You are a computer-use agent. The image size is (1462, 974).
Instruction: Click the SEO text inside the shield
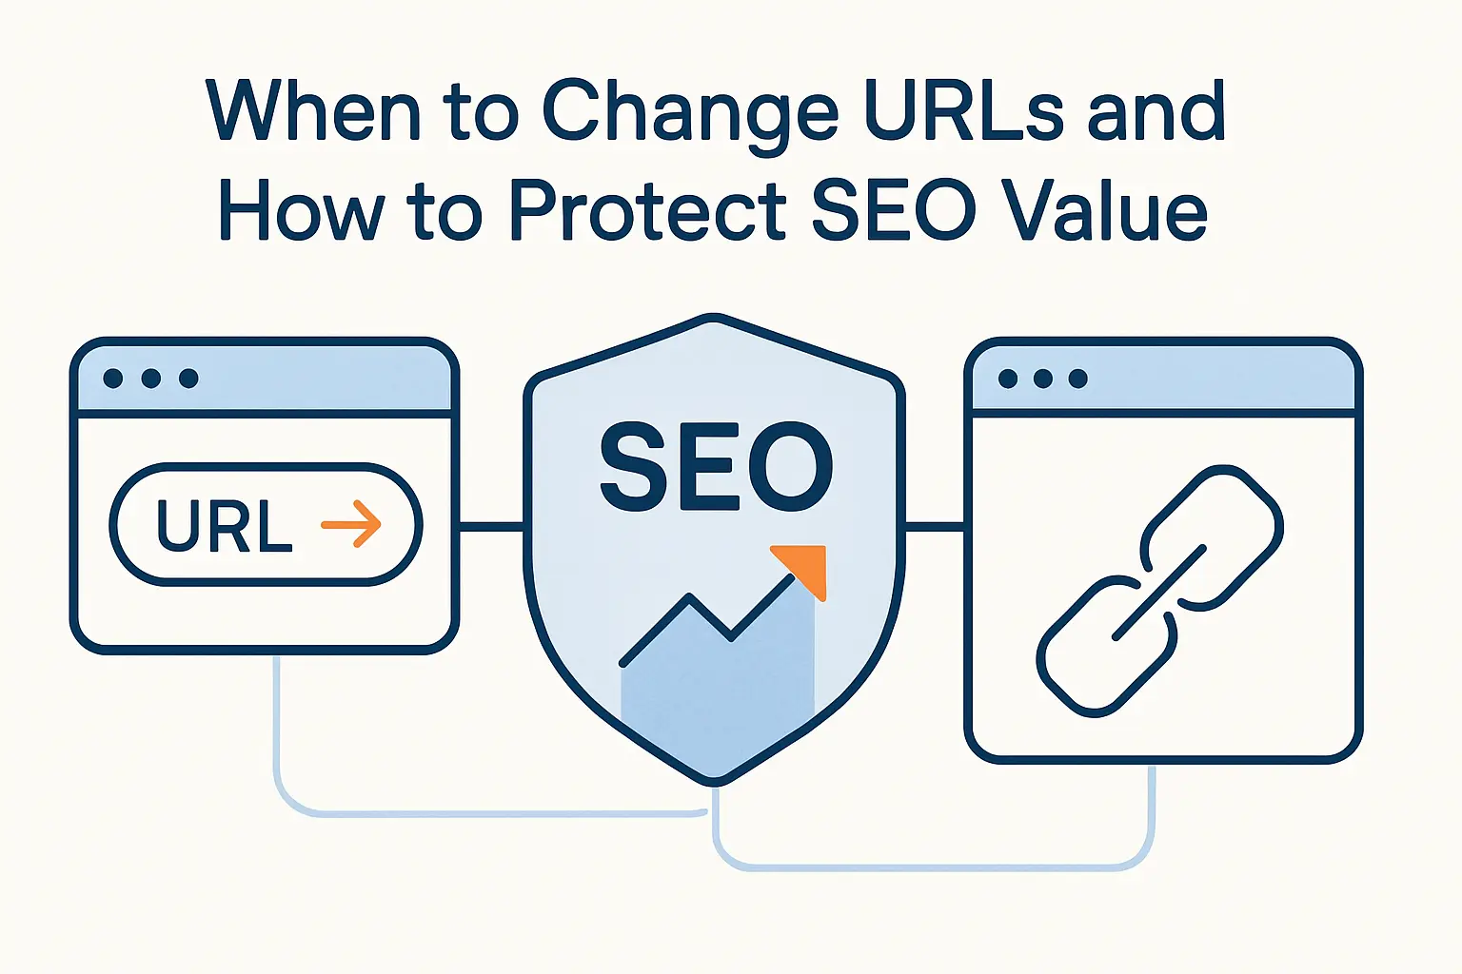[x=716, y=467]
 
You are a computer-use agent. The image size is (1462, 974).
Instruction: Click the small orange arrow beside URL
[x=351, y=523]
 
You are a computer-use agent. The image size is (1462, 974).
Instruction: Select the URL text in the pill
[x=224, y=525]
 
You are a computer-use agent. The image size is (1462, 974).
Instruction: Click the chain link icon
[x=1159, y=590]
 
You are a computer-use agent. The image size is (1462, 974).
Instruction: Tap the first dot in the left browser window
[x=113, y=379]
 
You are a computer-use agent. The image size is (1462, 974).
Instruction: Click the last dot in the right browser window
[x=1077, y=379]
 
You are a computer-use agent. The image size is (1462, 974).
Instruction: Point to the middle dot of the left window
[x=150, y=379]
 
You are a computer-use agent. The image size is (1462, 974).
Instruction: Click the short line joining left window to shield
[x=491, y=524]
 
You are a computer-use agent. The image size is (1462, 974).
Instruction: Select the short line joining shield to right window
[x=935, y=525]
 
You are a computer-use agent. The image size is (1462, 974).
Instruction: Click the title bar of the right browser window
[x=1209, y=379]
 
